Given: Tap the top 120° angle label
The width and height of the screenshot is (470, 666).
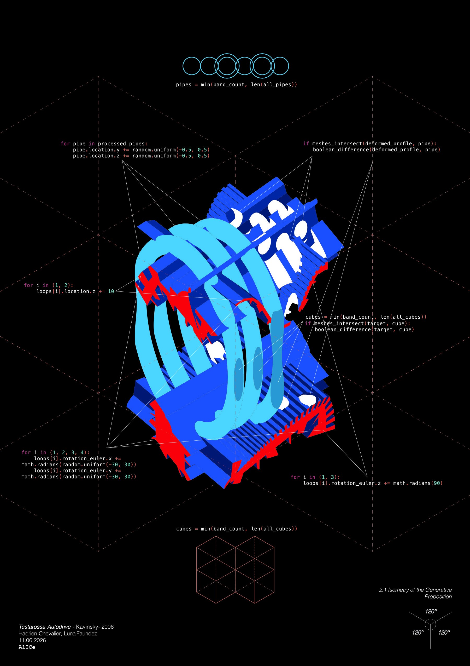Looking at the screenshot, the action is click(431, 611).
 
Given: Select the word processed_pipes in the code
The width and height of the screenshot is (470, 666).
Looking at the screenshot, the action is click(122, 144).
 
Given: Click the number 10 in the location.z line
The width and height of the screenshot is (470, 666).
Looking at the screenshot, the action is click(111, 291).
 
